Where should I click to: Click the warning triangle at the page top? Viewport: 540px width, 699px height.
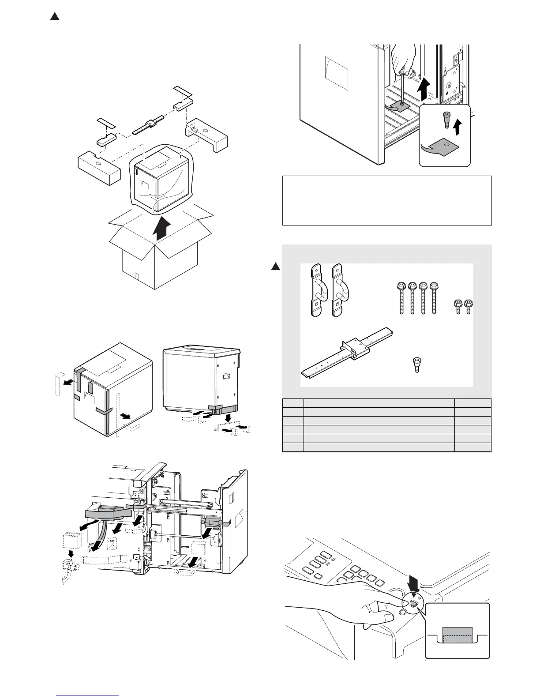click(x=54, y=17)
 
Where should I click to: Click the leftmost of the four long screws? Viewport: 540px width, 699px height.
click(x=401, y=298)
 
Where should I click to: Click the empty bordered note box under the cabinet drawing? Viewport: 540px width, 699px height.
click(x=387, y=200)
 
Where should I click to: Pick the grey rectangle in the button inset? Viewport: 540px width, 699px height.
click(x=457, y=635)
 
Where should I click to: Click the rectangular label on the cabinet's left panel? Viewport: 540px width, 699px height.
click(x=336, y=68)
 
